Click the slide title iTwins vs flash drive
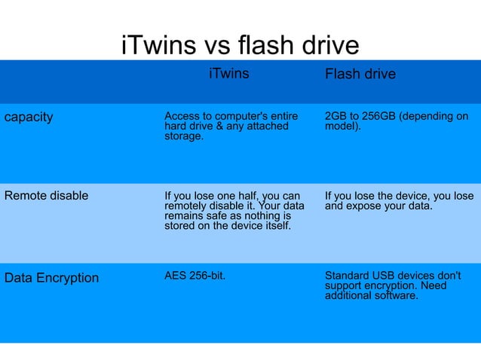click(x=240, y=46)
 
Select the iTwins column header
click(x=228, y=74)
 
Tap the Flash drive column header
click(x=360, y=75)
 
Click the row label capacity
click(x=29, y=117)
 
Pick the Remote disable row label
click(x=46, y=196)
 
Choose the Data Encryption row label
click(x=51, y=278)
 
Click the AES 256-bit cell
click(x=195, y=275)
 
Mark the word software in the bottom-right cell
click(x=398, y=296)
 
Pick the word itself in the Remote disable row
click(x=275, y=225)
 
